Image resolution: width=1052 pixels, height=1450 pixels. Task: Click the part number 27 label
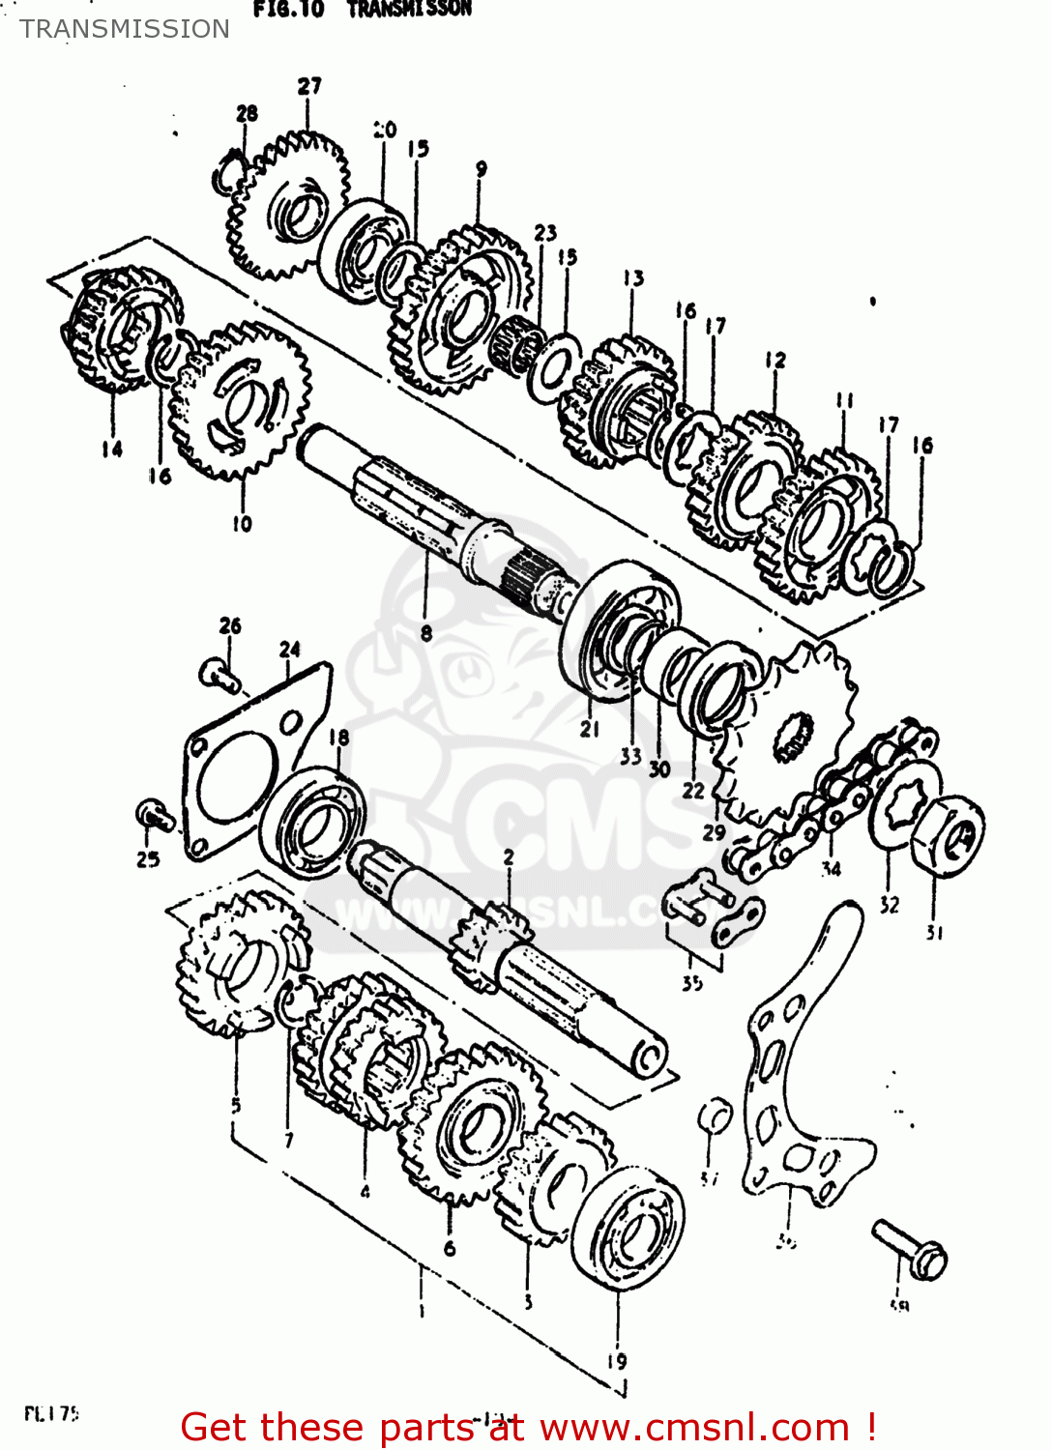(308, 86)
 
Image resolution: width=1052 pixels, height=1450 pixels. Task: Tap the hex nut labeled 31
(949, 836)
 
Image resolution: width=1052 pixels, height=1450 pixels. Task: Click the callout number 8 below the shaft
(426, 634)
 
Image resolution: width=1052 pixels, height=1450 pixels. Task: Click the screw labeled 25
(155, 818)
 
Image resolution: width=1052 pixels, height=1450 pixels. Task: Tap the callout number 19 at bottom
(617, 1361)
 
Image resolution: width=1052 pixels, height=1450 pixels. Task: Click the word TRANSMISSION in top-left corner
(125, 29)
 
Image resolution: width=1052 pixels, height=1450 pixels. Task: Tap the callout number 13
(633, 278)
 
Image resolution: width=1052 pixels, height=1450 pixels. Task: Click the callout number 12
(774, 360)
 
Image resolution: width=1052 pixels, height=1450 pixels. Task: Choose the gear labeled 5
(237, 962)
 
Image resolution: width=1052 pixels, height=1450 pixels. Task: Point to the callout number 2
(508, 857)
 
